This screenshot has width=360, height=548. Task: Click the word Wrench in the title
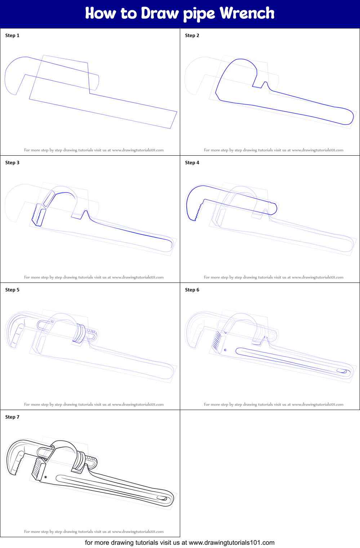tap(247, 13)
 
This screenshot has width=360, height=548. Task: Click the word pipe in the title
tap(199, 14)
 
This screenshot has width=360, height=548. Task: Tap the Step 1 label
tap(12, 35)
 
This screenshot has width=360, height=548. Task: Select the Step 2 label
tap(192, 35)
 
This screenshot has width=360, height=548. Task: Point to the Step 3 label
tap(12, 162)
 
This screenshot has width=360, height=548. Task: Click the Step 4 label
tap(192, 162)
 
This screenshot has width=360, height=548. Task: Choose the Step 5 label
tap(12, 290)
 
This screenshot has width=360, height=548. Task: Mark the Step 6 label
tap(192, 290)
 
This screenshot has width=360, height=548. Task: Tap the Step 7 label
tap(12, 417)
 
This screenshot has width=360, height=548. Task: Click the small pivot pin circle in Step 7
tap(46, 477)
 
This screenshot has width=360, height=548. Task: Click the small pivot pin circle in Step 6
tap(226, 350)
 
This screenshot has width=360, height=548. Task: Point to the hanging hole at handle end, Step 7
tap(162, 498)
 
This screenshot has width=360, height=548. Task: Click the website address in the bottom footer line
tap(231, 543)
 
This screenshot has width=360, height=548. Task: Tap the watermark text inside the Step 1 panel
tap(94, 150)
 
